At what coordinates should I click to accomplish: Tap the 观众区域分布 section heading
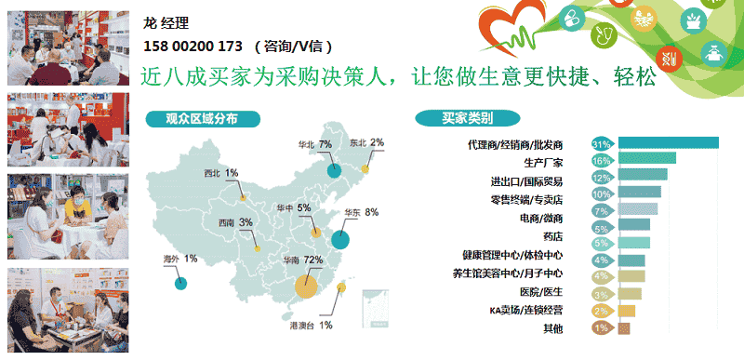pyautogui.click(x=202, y=118)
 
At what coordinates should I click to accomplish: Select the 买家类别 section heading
pyautogui.click(x=467, y=118)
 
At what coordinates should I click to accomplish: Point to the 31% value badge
pyautogui.click(x=602, y=144)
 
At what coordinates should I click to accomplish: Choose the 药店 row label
pyautogui.click(x=552, y=236)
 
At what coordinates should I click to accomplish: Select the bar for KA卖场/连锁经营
pyautogui.click(x=627, y=311)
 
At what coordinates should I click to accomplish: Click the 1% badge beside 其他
pyautogui.click(x=601, y=328)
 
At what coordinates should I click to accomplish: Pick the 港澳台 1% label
pyautogui.click(x=312, y=326)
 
